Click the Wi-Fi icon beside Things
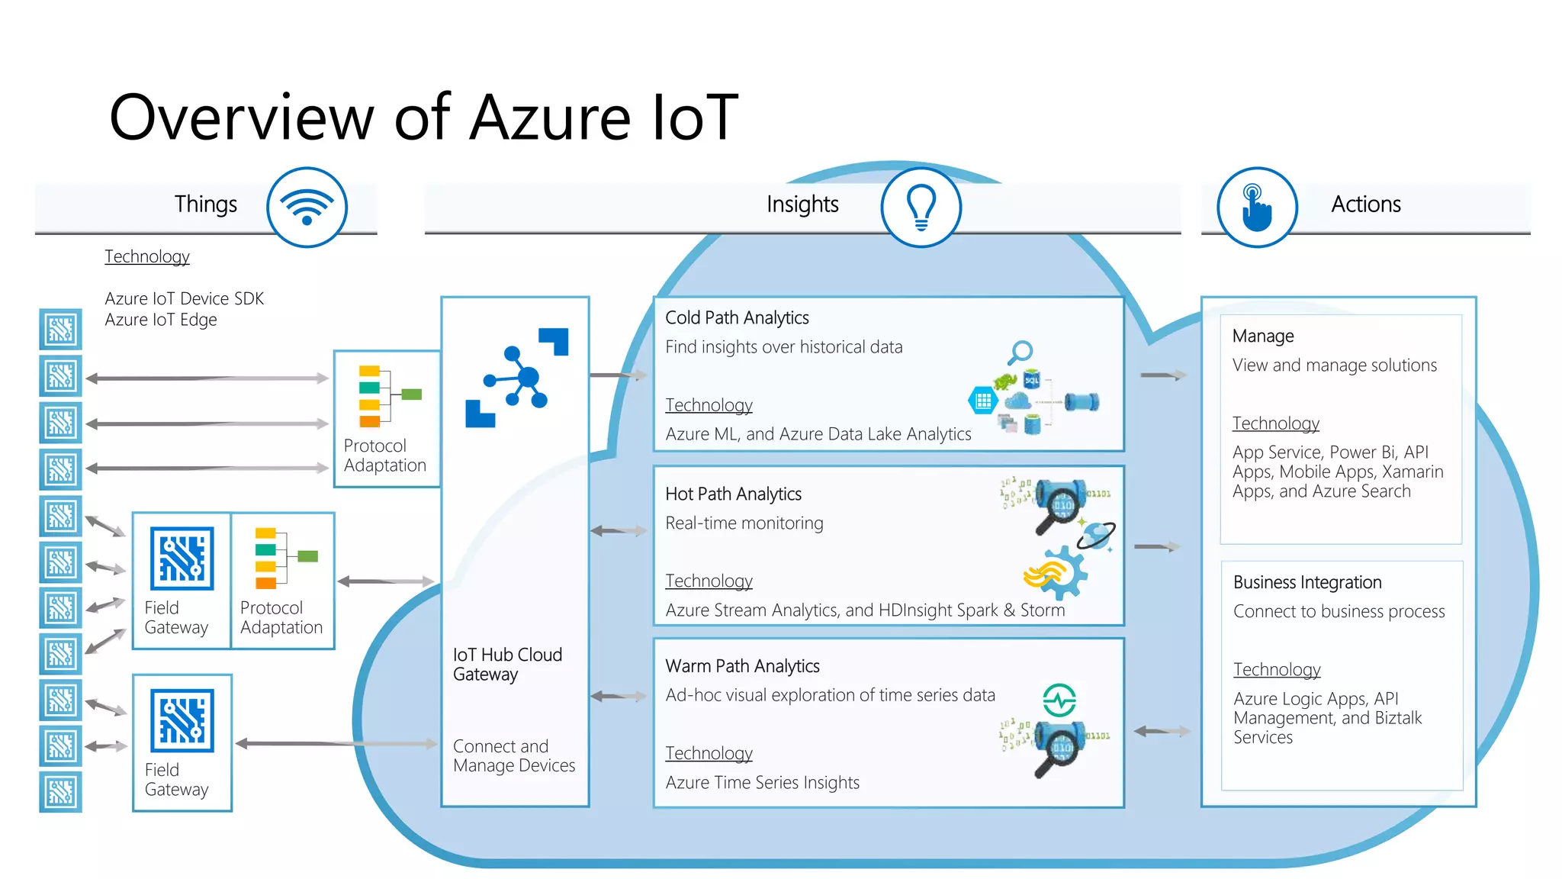pos(307,207)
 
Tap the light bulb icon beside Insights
pos(921,207)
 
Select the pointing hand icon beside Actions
pos(1256,207)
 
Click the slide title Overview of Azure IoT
pos(423,118)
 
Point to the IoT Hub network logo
pos(517,377)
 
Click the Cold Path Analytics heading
pos(737,317)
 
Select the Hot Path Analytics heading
pos(733,494)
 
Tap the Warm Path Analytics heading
pos(742,666)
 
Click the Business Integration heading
pos(1306,582)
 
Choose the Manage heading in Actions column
pos(1262,336)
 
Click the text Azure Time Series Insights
pos(762,782)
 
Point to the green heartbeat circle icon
pos(1059,699)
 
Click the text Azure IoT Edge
pos(161,320)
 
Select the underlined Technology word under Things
pos(147,256)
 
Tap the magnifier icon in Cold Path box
pos(1020,353)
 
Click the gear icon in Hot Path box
pos(1062,572)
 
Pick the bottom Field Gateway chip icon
pos(182,720)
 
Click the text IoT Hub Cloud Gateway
pos(507,664)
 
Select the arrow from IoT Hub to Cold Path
pos(619,375)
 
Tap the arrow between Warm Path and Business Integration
pos(1162,731)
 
